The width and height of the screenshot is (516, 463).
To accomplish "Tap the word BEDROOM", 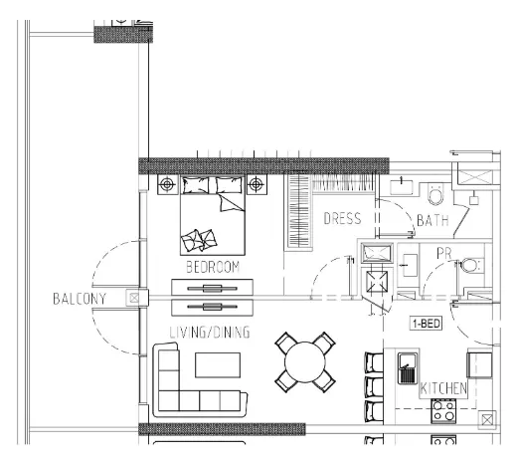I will [x=214, y=267].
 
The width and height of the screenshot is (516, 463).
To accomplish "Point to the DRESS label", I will [x=342, y=219].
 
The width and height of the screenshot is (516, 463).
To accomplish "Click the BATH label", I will [x=433, y=219].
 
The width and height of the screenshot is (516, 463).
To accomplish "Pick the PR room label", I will [x=444, y=255].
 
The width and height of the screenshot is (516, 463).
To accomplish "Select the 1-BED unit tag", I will [x=427, y=324].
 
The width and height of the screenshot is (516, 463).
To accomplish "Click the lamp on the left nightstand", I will [x=168, y=184].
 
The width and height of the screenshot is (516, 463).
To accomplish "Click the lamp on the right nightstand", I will [x=257, y=184].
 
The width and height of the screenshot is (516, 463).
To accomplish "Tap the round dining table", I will [x=305, y=362].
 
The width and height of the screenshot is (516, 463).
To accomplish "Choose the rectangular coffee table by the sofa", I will [x=217, y=364].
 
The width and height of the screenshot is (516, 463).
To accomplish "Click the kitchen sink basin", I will [x=407, y=372].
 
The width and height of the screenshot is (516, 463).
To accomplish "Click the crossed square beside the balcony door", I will [x=132, y=297].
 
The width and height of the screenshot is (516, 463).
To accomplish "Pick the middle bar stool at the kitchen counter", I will [x=373, y=385].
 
